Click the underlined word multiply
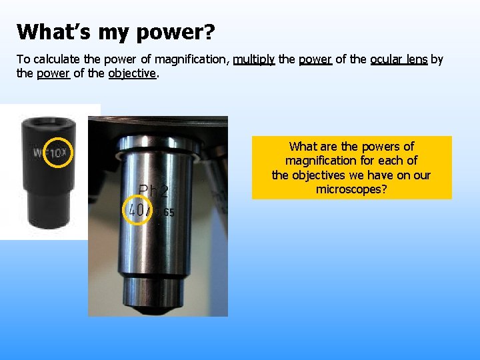254,59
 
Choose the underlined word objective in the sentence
132,73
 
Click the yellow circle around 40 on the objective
139,211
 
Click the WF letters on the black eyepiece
39,153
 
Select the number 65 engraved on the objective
167,213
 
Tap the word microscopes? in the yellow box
351,189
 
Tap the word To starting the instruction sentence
23,59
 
